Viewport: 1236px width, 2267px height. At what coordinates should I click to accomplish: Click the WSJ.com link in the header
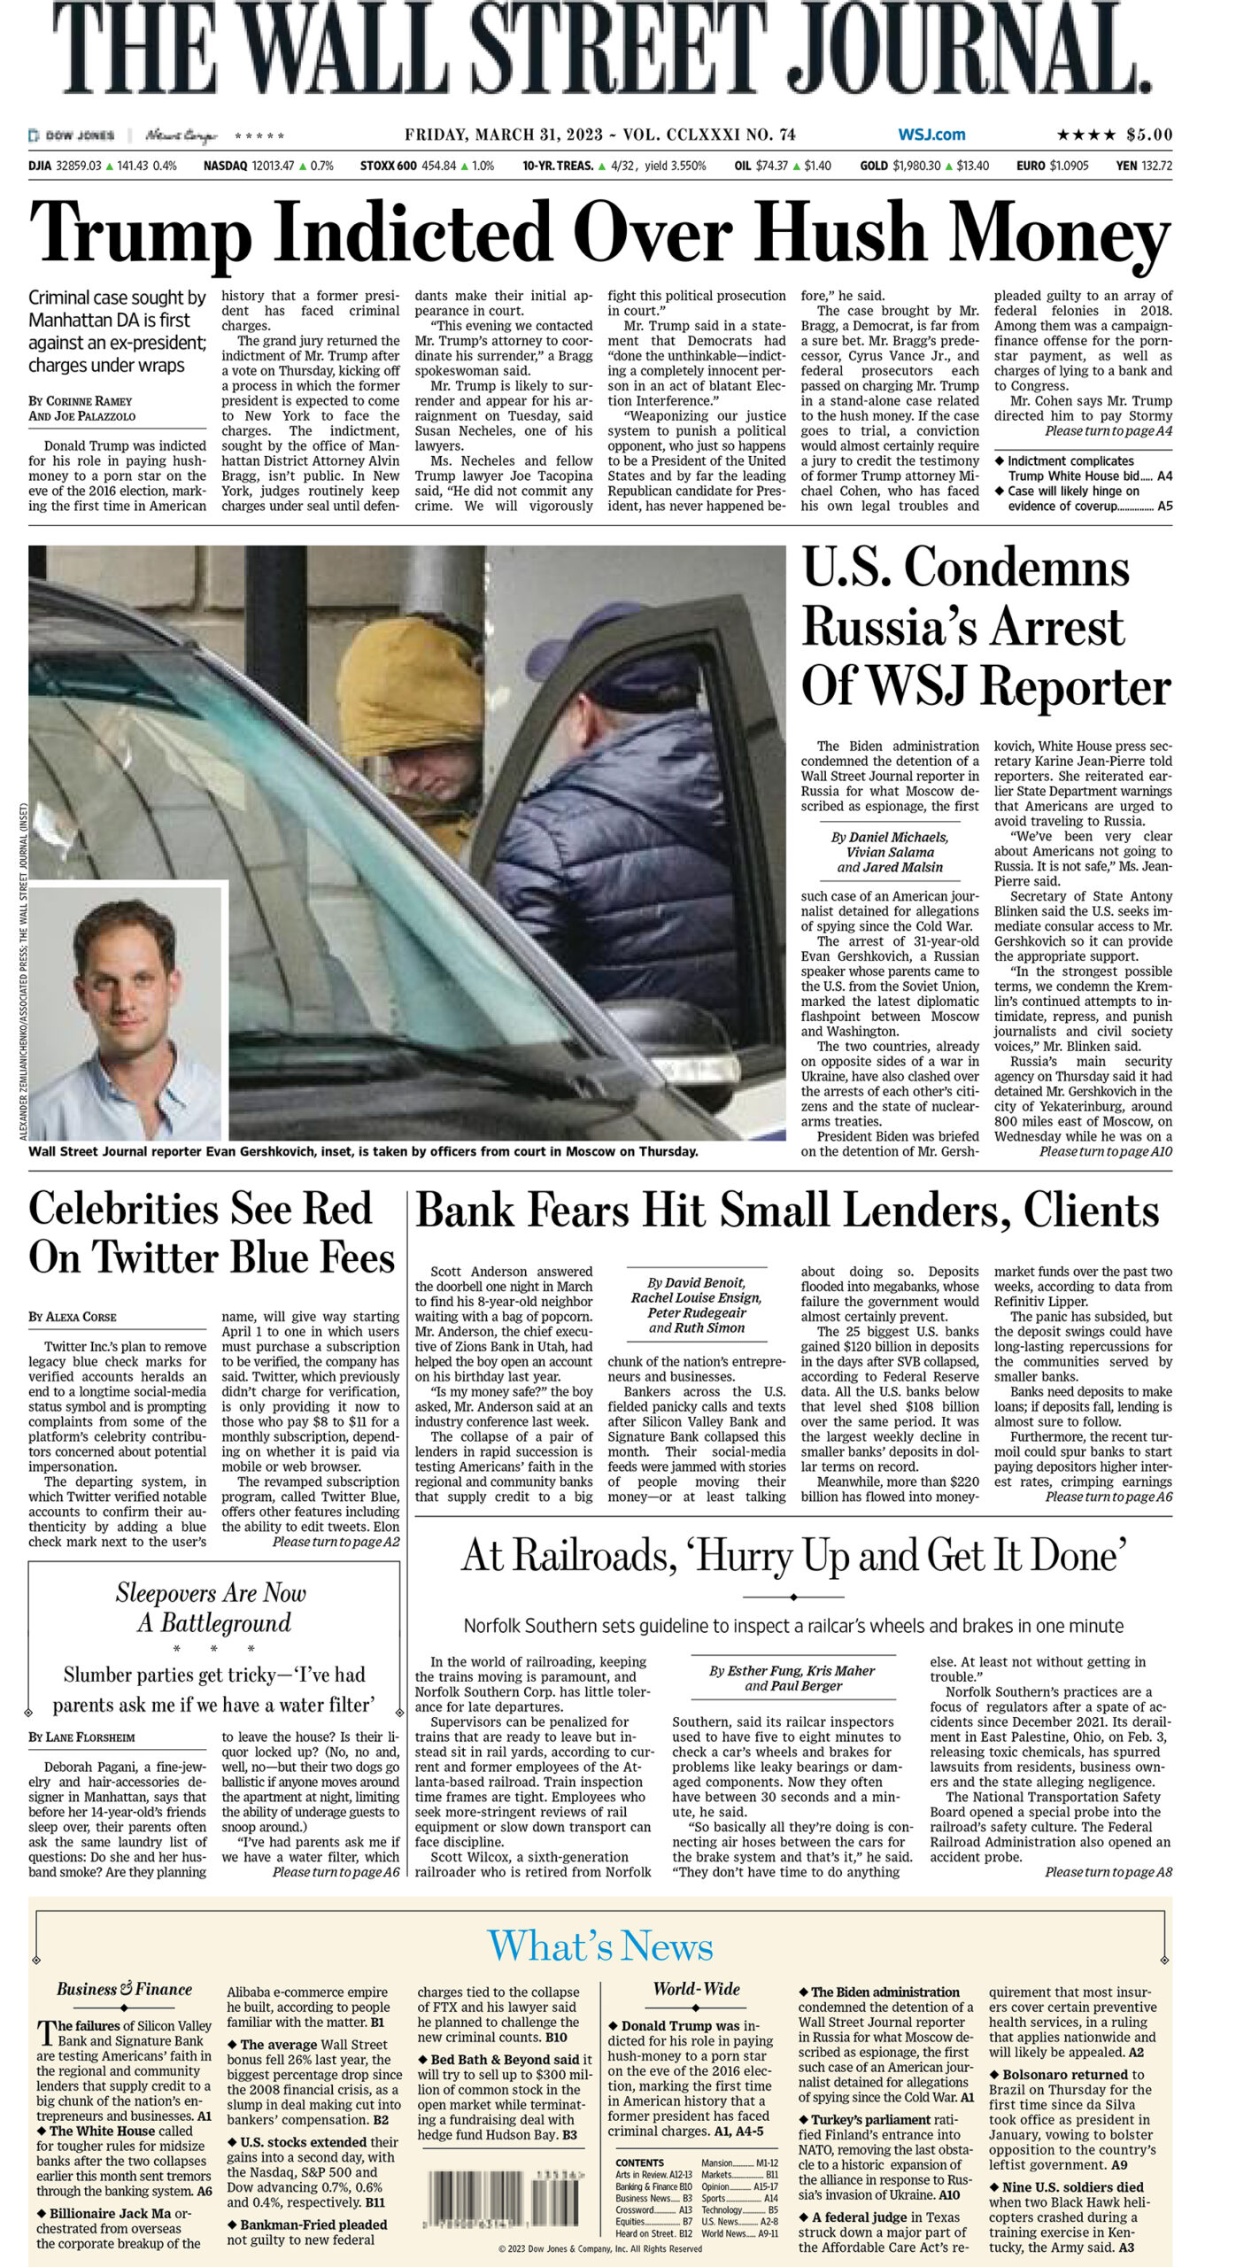[931, 135]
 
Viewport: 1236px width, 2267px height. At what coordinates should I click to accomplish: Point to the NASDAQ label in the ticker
[226, 166]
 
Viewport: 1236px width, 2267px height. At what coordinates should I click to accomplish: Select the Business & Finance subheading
[124, 1989]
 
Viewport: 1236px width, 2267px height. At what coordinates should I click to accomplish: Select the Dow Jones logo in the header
[73, 135]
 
